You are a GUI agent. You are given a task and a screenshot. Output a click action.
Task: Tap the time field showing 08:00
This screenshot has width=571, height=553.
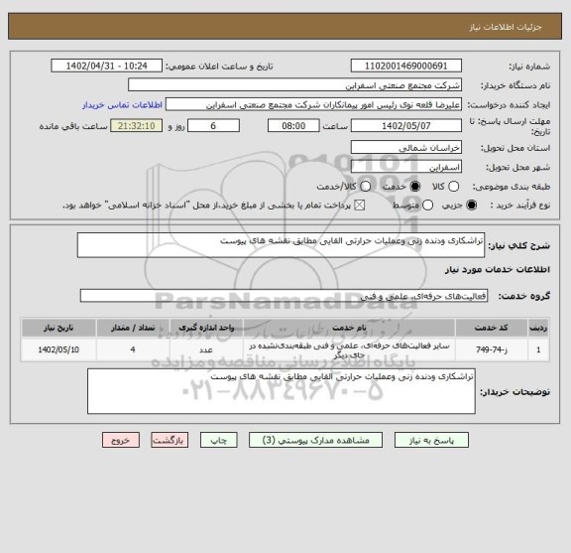[293, 127]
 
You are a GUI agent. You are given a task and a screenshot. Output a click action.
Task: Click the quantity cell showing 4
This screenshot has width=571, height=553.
[133, 349]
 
